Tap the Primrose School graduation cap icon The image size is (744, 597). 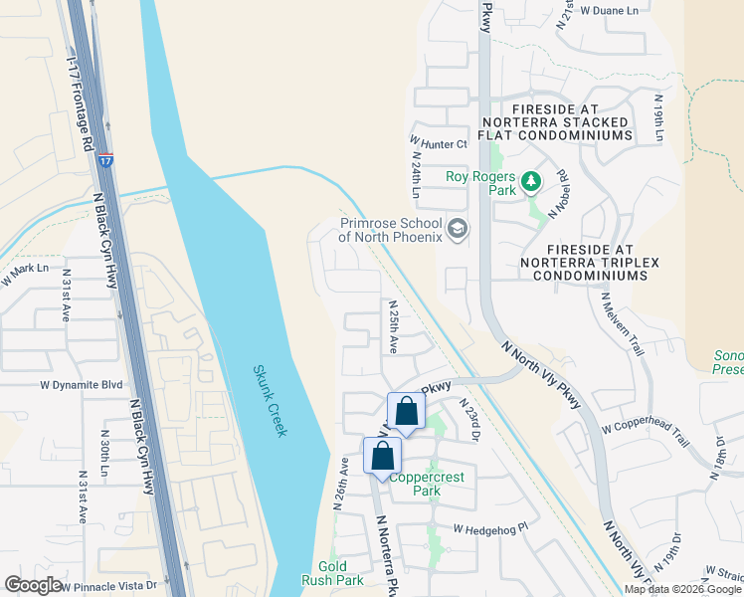coord(458,230)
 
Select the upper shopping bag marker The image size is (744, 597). coord(406,411)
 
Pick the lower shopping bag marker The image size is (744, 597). coord(383,458)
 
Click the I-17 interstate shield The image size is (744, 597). coord(105,158)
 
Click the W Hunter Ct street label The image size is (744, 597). coord(438,144)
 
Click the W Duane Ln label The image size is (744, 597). coord(609,10)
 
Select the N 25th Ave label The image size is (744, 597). coord(394,328)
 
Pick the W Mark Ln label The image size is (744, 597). coord(25,272)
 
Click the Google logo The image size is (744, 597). coord(33,585)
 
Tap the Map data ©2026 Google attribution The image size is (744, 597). coord(682,589)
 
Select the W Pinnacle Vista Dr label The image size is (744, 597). coord(109,586)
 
